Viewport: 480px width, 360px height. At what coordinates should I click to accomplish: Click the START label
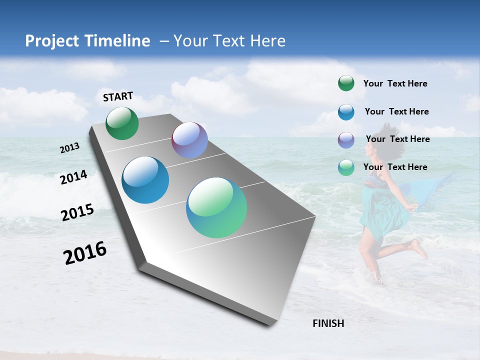tap(118, 96)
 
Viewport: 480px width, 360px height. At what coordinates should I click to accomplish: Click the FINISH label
tap(328, 323)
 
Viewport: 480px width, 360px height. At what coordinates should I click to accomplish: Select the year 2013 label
tap(70, 148)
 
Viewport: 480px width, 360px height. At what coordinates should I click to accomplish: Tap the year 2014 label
tap(73, 177)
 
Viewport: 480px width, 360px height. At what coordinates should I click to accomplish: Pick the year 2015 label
tap(77, 212)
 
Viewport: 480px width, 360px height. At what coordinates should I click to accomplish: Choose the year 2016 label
tap(85, 252)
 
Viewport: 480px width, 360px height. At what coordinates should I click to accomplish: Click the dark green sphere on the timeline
tap(122, 123)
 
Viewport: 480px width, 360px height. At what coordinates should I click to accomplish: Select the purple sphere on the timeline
tap(189, 140)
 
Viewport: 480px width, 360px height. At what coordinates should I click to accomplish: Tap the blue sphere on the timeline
tap(145, 180)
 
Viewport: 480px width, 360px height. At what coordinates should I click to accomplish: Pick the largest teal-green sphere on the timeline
tap(216, 207)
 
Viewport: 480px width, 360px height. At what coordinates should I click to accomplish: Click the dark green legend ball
tap(346, 83)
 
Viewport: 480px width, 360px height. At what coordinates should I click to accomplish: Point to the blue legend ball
tap(346, 112)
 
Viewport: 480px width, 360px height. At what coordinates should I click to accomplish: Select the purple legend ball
tap(346, 140)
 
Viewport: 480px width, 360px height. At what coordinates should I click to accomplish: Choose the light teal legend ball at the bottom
tap(346, 167)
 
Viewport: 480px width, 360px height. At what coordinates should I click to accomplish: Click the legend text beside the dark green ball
tap(395, 83)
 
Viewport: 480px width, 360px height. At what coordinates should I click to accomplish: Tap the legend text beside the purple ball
tap(397, 139)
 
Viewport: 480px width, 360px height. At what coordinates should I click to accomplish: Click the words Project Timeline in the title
tap(87, 41)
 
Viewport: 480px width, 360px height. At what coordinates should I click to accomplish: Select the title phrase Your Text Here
tap(229, 41)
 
